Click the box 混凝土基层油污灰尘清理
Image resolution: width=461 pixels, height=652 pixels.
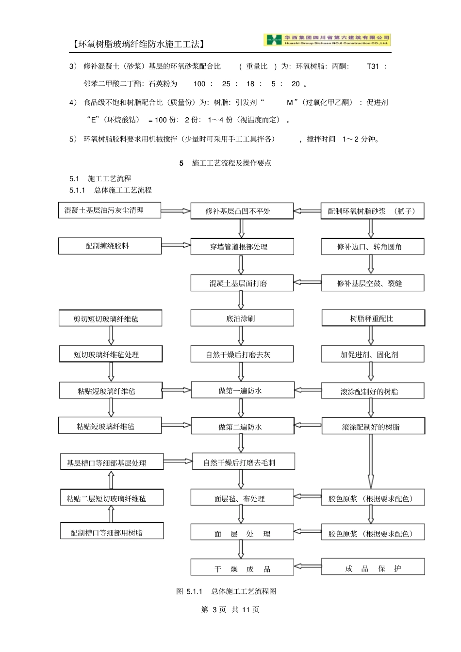(x=109, y=210)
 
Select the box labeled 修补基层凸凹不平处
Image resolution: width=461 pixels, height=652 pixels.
(x=242, y=211)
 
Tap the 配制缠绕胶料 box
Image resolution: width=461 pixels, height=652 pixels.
(x=110, y=246)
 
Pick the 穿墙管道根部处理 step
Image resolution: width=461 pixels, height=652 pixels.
(x=242, y=247)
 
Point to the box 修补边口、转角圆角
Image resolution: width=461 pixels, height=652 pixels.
(x=372, y=247)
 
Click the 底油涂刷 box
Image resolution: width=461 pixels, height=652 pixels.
(x=242, y=318)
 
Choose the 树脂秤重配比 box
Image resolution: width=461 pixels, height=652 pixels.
(x=373, y=318)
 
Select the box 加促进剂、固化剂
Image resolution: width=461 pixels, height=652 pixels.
(x=372, y=354)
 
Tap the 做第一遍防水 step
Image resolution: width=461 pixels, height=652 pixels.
(x=242, y=391)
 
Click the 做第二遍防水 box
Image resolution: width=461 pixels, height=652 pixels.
(x=242, y=427)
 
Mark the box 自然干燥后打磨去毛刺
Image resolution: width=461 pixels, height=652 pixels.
(x=243, y=462)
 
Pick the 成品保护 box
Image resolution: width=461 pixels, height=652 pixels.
(x=373, y=568)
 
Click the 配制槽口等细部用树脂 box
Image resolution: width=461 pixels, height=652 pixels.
(x=112, y=532)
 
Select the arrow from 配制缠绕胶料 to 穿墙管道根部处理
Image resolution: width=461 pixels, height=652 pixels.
(x=176, y=245)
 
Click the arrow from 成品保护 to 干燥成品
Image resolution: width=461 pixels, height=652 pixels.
(x=308, y=566)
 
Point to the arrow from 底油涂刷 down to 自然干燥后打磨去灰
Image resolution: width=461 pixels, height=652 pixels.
(x=241, y=335)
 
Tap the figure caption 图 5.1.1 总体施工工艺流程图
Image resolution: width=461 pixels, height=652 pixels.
(x=226, y=591)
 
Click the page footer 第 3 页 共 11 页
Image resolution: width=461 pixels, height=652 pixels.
(x=230, y=609)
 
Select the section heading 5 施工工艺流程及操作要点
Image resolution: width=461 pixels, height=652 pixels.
(x=226, y=163)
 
